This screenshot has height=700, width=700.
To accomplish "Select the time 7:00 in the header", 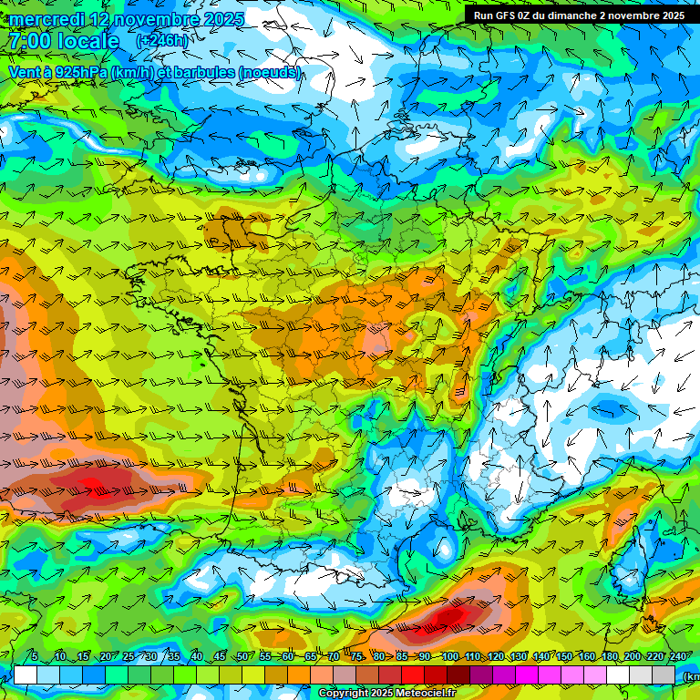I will pos(31,42).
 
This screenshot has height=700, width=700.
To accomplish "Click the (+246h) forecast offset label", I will pos(161,41).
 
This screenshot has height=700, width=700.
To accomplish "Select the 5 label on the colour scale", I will pos(35,656).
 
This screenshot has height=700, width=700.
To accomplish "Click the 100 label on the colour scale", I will pos(449,656).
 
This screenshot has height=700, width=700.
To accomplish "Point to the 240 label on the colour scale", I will pos(678,656).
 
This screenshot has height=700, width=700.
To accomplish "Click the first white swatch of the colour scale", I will pos(26,674).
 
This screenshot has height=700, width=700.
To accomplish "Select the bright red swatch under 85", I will pos(413,674).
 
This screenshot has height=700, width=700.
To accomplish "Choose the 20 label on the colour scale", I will pos(106,656).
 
